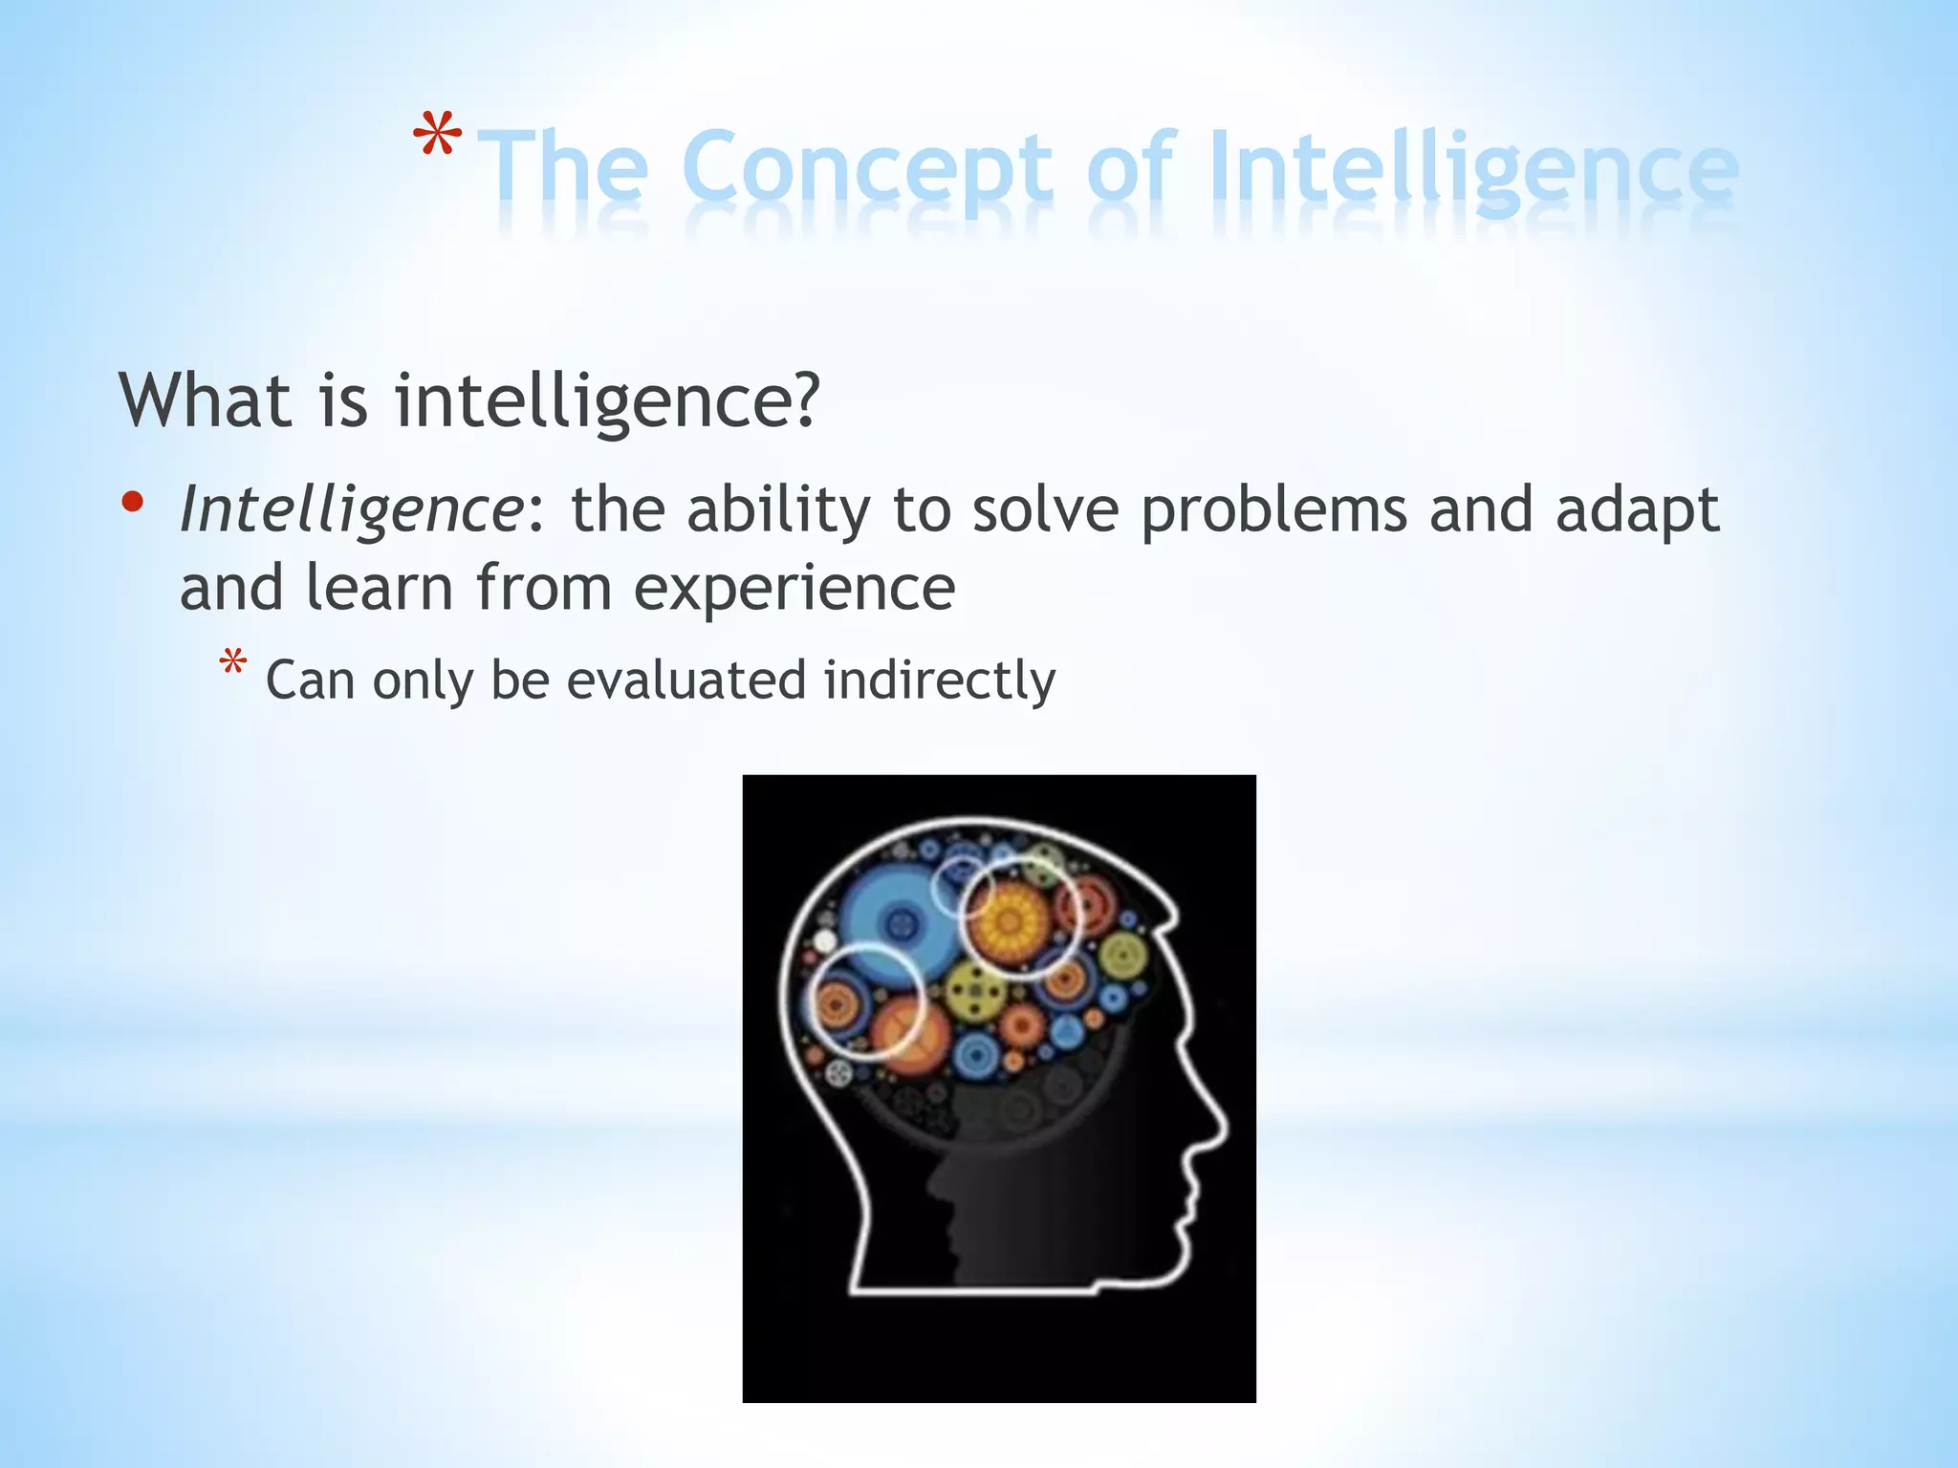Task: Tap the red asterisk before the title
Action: (438, 137)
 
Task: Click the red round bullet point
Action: (133, 502)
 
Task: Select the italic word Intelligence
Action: (350, 510)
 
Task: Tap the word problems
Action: (1273, 510)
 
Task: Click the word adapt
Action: (1637, 510)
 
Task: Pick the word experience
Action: (794, 589)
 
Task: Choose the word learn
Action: (379, 587)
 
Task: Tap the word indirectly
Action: (940, 680)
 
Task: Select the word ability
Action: (777, 510)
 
